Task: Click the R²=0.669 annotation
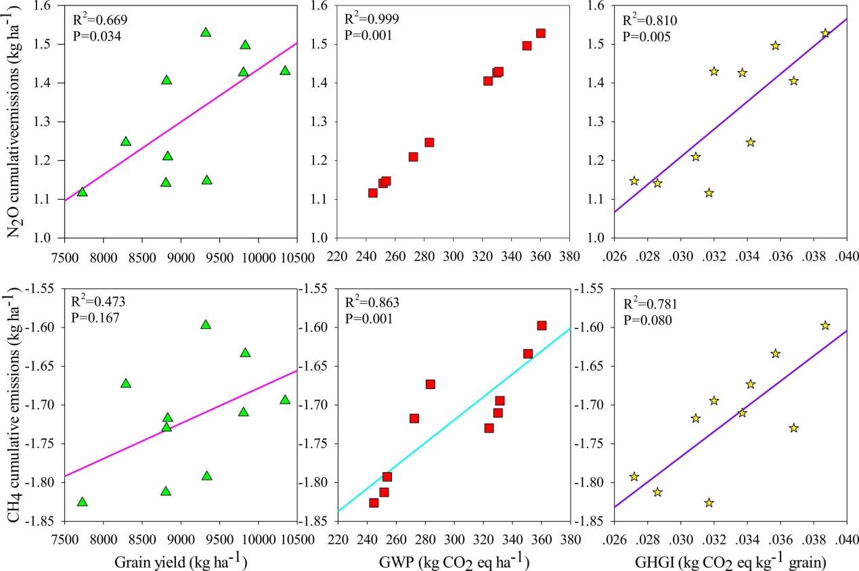tap(100, 20)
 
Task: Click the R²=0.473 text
tap(100, 304)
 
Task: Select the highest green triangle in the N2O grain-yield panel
tap(206, 32)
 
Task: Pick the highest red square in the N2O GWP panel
tap(541, 33)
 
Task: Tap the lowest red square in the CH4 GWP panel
tap(374, 503)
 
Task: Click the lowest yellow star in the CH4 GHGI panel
tap(709, 503)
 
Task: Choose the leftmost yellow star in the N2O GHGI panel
tap(634, 181)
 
